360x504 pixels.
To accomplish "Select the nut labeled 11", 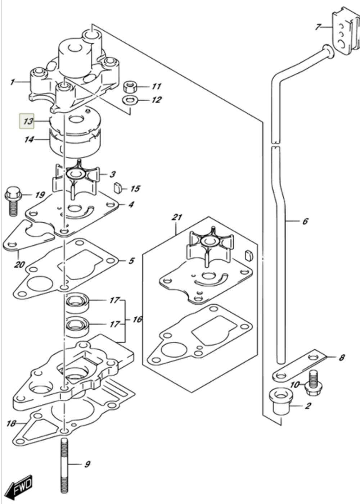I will [x=129, y=87].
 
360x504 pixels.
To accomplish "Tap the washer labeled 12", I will [x=130, y=100].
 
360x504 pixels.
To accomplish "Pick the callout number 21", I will [x=177, y=217].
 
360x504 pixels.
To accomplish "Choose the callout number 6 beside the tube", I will [x=305, y=221].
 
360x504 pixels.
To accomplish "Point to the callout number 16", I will [x=138, y=319].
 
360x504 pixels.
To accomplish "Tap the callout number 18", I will [x=11, y=423].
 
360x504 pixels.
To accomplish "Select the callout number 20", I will [x=19, y=264].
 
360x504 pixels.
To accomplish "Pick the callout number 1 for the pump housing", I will [x=12, y=82].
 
